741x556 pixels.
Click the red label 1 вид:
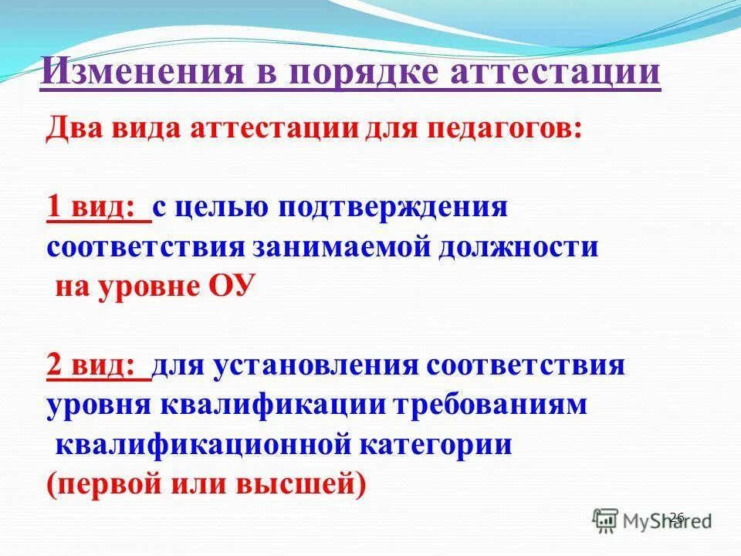click(98, 208)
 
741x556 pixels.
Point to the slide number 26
click(677, 517)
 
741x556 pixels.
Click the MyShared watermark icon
click(606, 519)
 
